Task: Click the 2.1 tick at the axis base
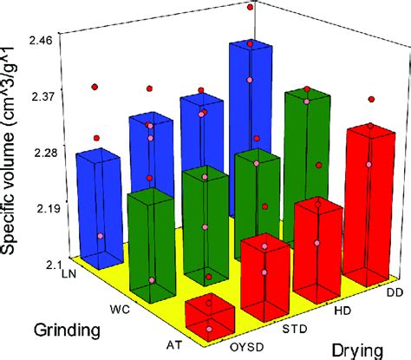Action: coord(50,263)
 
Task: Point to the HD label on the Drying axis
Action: coord(340,308)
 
